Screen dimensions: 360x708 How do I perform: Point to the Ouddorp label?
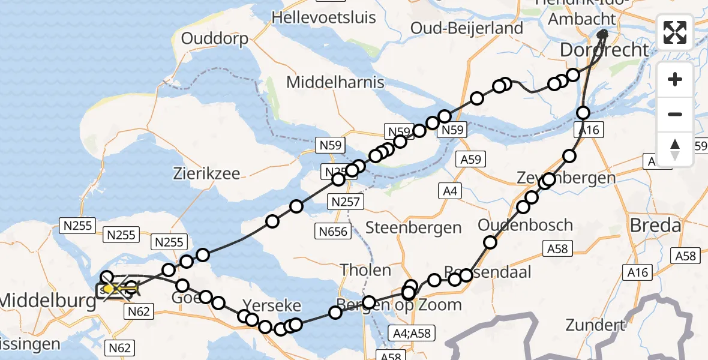click(214, 39)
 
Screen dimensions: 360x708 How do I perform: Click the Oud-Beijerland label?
click(467, 28)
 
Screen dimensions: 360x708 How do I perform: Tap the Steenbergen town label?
click(413, 227)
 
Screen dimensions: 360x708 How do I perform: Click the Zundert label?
click(595, 326)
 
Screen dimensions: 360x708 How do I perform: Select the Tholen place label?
click(365, 270)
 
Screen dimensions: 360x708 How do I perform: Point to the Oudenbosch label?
click(525, 226)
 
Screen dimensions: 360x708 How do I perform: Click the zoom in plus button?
click(675, 79)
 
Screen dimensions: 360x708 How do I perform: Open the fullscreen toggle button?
click(675, 32)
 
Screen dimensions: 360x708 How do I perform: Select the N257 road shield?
click(345, 202)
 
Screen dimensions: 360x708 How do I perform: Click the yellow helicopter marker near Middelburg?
click(110, 290)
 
